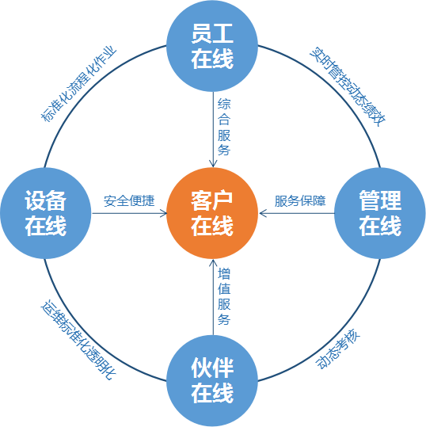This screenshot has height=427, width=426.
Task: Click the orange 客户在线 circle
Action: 212,213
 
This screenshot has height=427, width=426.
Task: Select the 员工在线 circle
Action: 212,46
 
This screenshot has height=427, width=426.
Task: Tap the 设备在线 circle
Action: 46,213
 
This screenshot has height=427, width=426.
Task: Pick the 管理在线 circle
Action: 380,213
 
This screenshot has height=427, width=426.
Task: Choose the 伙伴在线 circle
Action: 212,381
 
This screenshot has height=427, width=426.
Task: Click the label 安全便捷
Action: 129,201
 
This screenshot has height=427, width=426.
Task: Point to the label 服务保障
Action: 300,201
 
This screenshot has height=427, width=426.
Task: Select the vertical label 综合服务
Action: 224,127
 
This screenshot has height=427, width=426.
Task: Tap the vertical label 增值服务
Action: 224,296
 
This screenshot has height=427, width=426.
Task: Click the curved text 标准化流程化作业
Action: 78,85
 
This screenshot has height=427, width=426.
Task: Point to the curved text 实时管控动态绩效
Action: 348,86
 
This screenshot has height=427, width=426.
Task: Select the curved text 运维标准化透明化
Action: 78,341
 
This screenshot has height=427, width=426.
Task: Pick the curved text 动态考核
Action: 338,349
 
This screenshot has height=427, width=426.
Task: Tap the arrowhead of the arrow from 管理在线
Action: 262,213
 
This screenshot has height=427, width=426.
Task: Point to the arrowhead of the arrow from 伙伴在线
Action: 213,262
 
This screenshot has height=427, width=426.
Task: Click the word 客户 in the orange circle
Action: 211,200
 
